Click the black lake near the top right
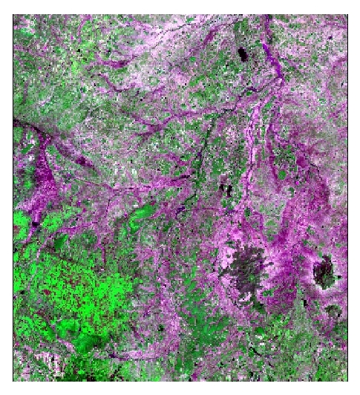point(243,53)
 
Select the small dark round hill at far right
point(324,271)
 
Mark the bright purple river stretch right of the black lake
point(275,63)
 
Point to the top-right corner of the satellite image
point(347,14)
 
